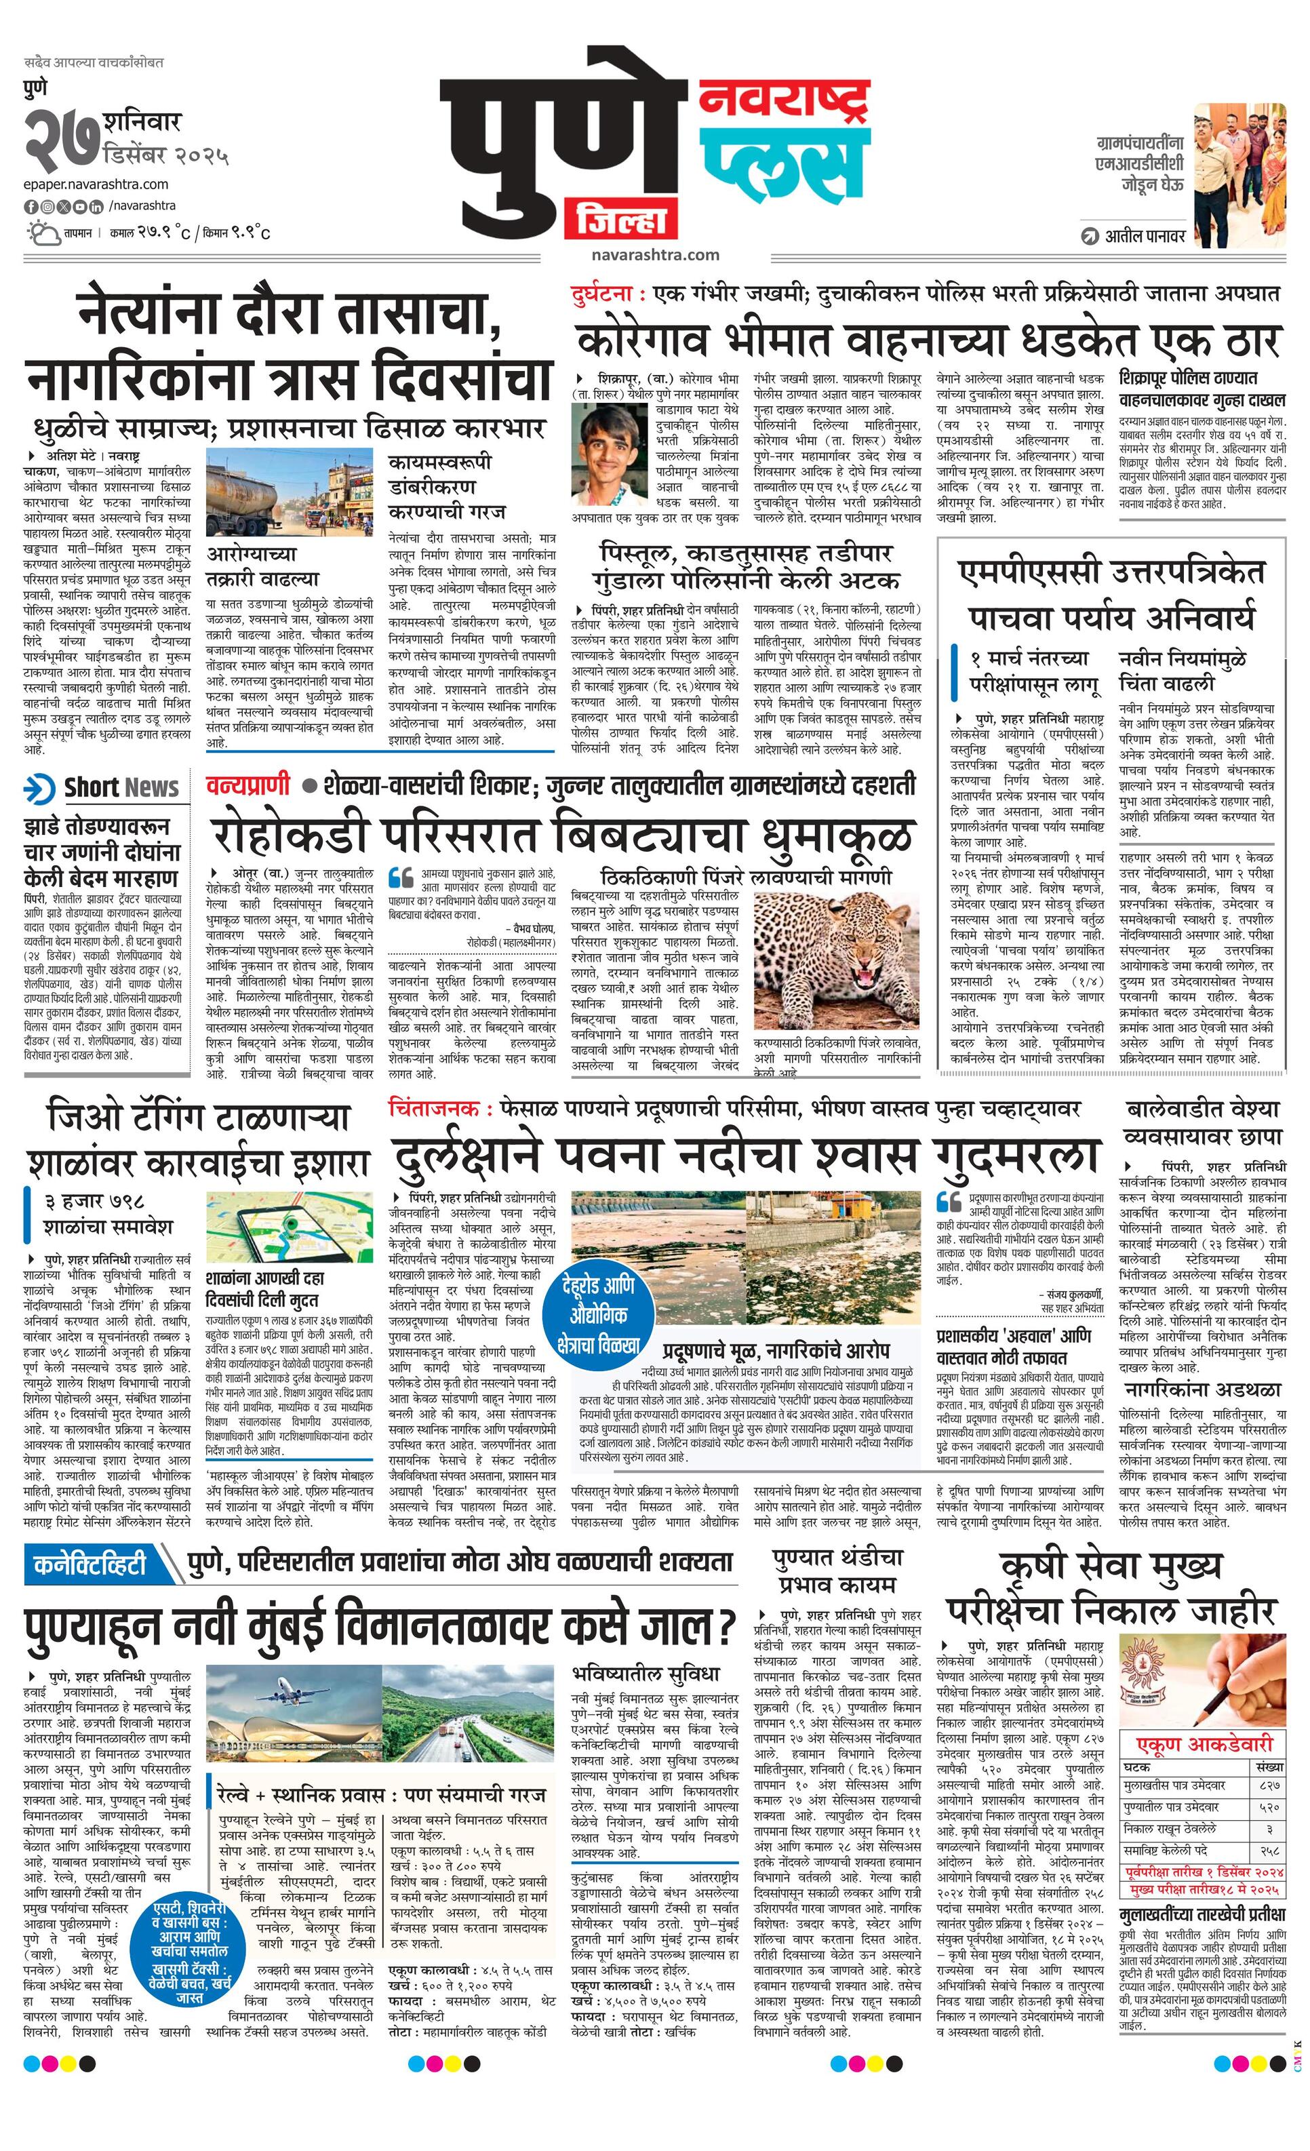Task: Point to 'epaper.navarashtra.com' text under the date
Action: tap(96, 184)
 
